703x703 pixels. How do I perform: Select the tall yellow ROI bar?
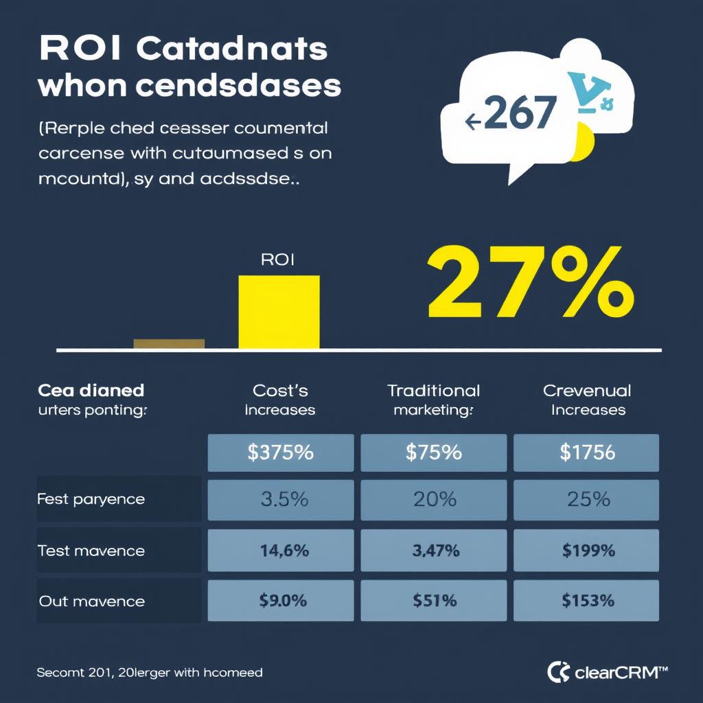[279, 312]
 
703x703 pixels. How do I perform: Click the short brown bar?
[169, 343]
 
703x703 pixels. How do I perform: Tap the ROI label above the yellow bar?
[277, 260]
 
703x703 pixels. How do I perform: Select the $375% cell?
[281, 452]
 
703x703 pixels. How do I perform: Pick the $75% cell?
[435, 452]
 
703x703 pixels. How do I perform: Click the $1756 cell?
[586, 452]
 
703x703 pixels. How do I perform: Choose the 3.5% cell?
[281, 499]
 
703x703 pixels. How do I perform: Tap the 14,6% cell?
[281, 550]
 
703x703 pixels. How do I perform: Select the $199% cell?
[586, 550]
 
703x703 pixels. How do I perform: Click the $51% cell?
[435, 601]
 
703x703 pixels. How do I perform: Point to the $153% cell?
[586, 601]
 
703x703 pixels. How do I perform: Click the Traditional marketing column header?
[434, 400]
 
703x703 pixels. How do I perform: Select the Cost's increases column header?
[280, 400]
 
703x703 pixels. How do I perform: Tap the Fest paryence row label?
[91, 499]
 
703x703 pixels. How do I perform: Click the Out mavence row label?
[91, 601]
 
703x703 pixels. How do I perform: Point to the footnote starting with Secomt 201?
[149, 672]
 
